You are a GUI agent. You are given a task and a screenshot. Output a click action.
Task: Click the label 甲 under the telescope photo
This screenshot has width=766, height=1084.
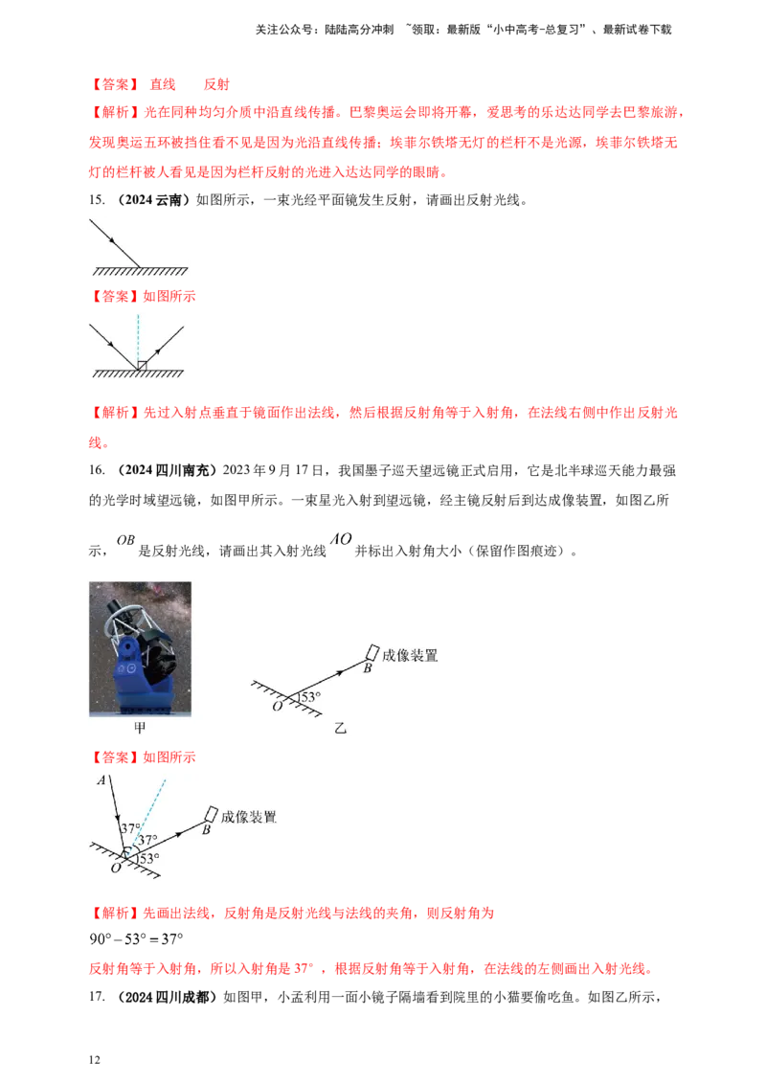(x=140, y=727)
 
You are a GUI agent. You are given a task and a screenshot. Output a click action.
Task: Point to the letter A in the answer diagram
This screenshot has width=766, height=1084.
(x=101, y=780)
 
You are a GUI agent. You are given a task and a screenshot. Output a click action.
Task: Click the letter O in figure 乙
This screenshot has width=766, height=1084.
(x=278, y=706)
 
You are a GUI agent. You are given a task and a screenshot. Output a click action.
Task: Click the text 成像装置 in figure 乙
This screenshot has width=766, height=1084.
(x=410, y=656)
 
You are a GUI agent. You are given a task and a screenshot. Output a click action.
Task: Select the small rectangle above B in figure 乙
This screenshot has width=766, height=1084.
(x=372, y=652)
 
